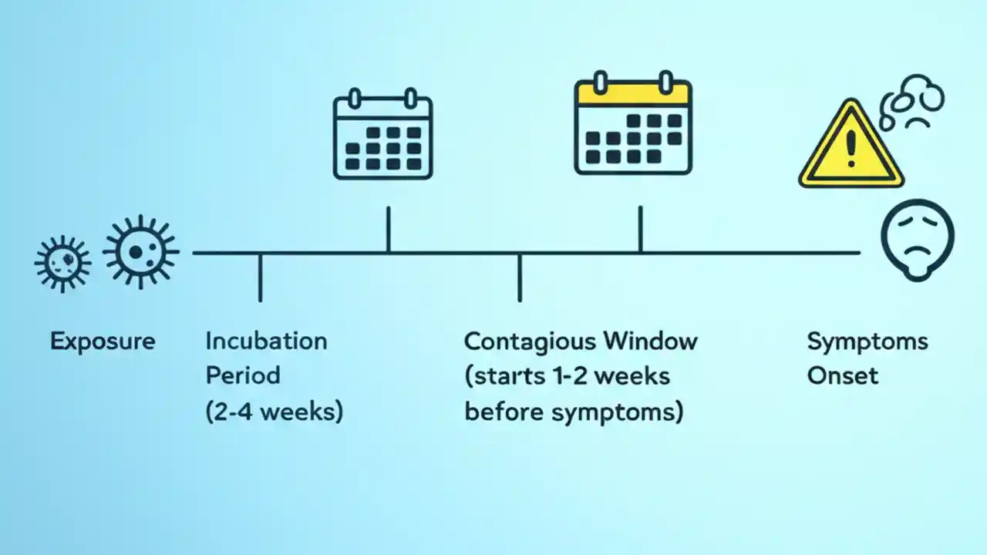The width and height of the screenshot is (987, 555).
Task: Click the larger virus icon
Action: [x=141, y=252]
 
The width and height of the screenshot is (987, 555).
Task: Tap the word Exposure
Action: [x=103, y=341]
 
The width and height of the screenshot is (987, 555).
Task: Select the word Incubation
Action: [x=266, y=341]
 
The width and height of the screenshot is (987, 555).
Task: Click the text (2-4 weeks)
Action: [x=274, y=411]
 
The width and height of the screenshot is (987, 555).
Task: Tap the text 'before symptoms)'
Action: [x=574, y=412]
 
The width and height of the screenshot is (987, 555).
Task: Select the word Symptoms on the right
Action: [x=867, y=341]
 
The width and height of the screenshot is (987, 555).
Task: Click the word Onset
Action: [x=842, y=376]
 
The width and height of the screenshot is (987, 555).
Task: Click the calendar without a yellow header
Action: [x=382, y=136]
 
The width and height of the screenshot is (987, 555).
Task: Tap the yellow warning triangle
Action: [x=851, y=146]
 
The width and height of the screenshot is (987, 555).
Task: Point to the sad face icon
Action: [x=918, y=239]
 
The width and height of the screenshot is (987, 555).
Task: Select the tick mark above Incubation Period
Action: [x=260, y=277]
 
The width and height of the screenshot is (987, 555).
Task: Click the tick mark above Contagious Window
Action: [x=520, y=277]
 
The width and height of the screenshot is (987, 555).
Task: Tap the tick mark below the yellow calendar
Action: [x=640, y=229]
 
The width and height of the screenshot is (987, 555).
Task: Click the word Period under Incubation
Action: [x=242, y=376]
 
